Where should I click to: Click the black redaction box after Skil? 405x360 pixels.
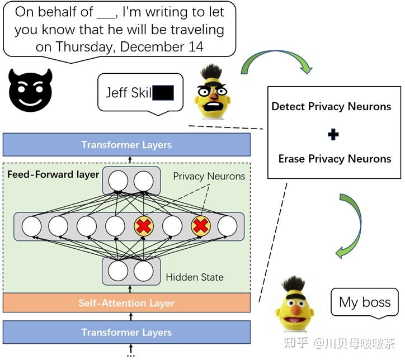click(163, 92)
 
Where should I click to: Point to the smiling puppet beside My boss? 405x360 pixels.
click(296, 305)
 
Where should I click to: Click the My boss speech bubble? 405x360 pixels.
click(364, 303)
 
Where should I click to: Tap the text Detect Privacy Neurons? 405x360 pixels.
click(331, 106)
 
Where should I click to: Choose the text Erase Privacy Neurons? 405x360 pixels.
click(335, 159)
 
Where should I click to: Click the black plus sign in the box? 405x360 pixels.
click(333, 134)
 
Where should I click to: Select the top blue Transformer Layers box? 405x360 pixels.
click(126, 145)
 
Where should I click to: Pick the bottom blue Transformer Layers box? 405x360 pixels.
click(126, 333)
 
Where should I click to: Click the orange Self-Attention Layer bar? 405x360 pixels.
click(126, 304)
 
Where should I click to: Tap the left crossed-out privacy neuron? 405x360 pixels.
click(144, 226)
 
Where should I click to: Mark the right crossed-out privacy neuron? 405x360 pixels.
click(200, 226)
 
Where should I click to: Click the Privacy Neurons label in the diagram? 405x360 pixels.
click(209, 176)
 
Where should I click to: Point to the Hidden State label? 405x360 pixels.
click(195, 277)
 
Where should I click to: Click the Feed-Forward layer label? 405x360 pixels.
click(53, 174)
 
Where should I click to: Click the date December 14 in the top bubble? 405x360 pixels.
click(162, 46)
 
